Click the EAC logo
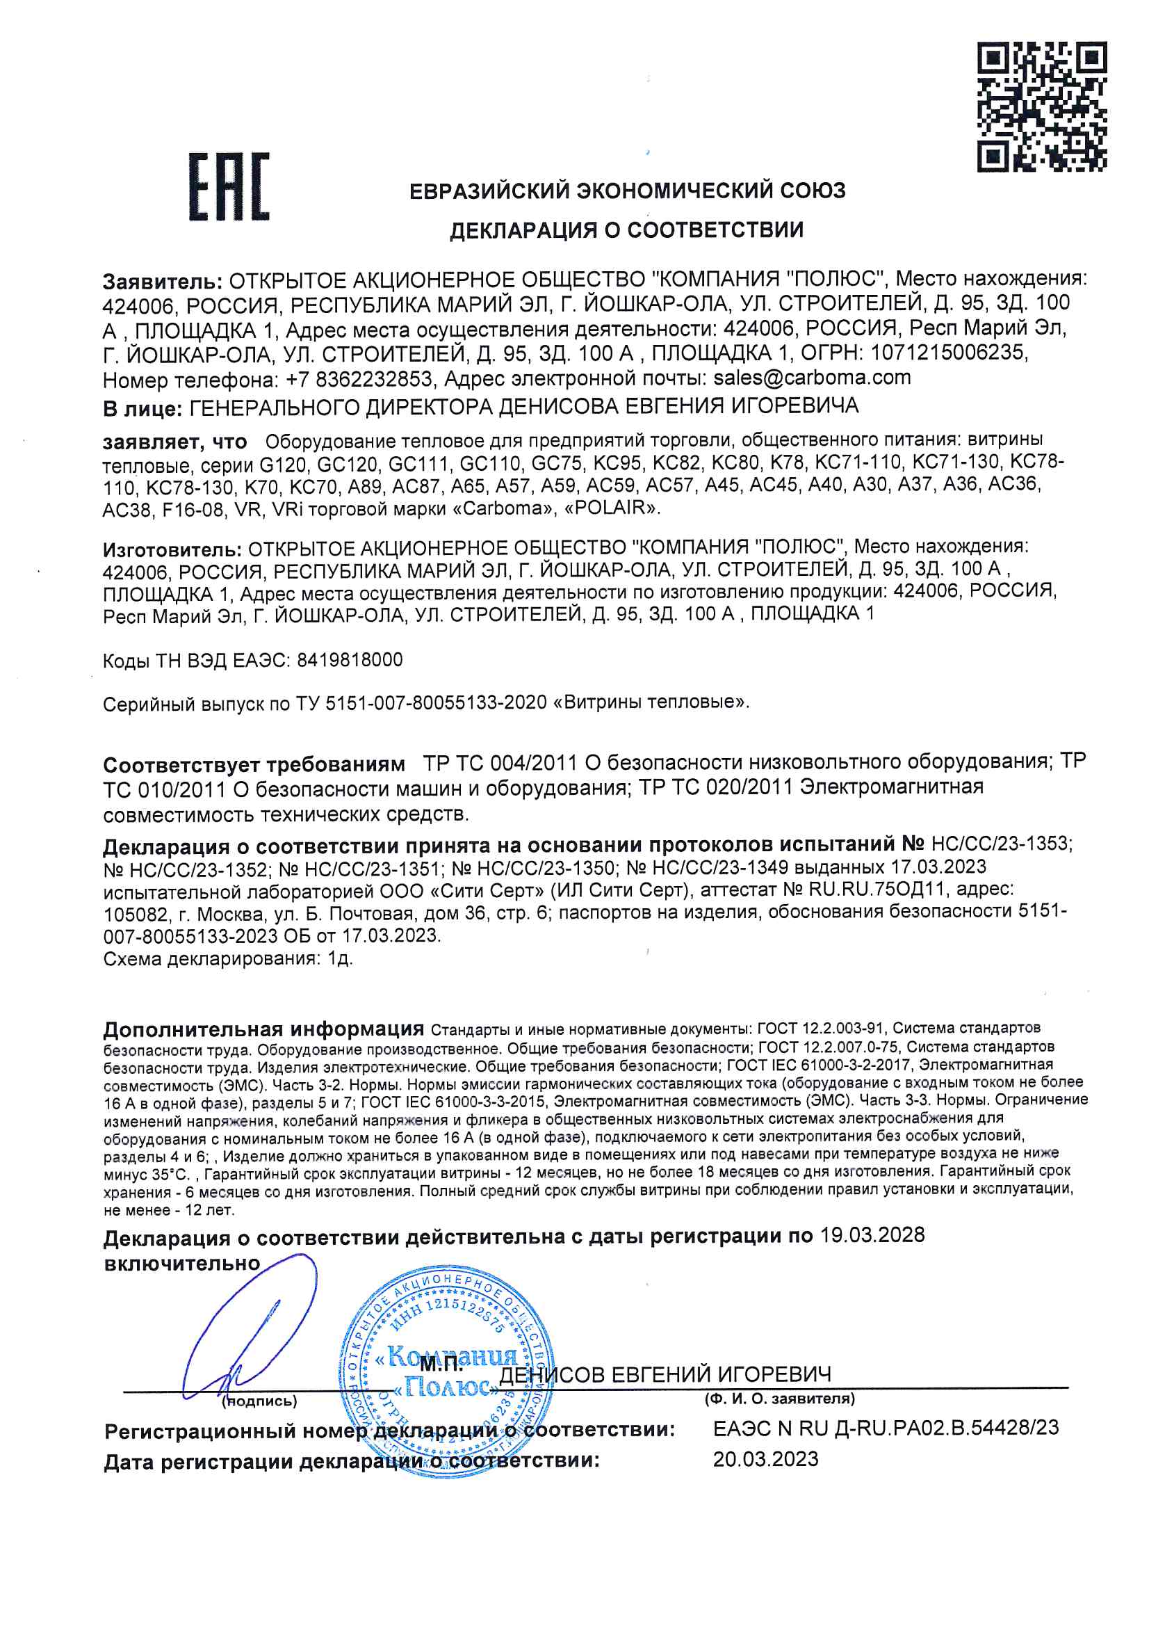[229, 186]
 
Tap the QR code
[1041, 106]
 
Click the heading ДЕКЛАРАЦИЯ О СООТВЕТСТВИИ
[626, 230]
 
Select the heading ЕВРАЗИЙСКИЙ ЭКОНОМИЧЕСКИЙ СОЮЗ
[627, 191]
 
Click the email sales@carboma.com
[812, 378]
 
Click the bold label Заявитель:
[162, 281]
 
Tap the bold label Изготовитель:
[172, 549]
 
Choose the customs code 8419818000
[350, 660]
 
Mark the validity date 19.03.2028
[872, 1235]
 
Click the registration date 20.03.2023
[765, 1459]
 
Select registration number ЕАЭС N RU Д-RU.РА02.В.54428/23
[886, 1428]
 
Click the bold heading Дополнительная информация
[263, 1029]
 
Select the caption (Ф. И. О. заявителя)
[779, 1399]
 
